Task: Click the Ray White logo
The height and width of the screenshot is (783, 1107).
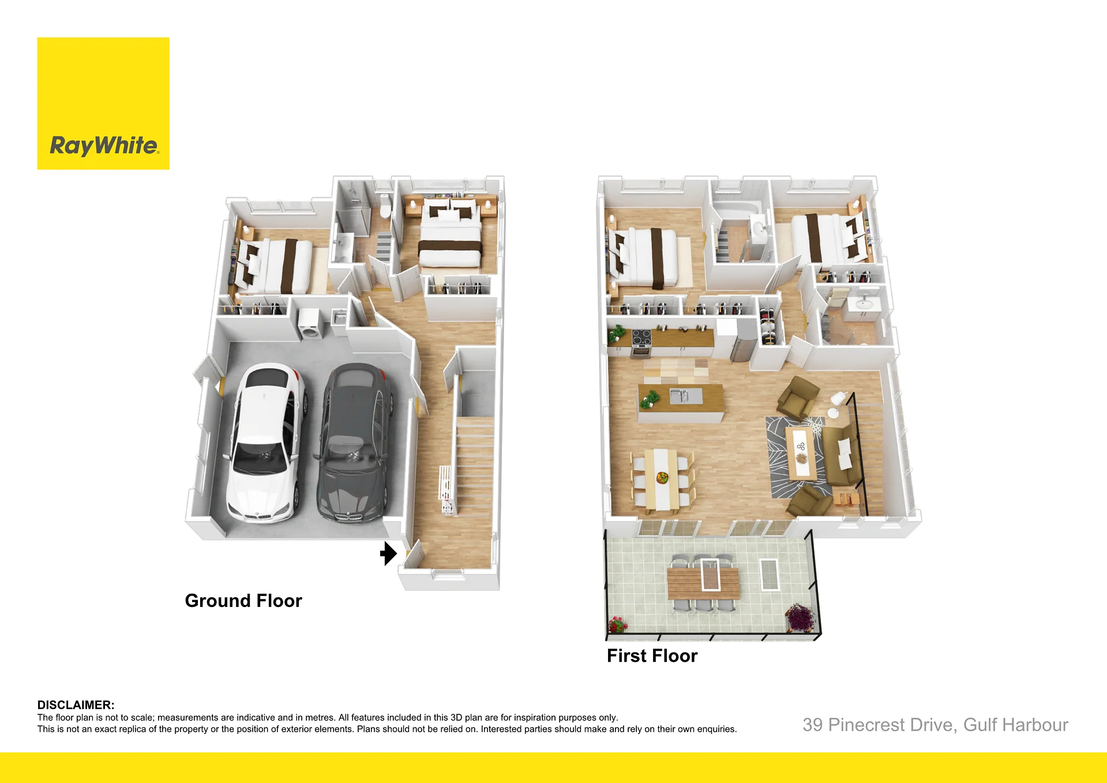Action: click(x=103, y=104)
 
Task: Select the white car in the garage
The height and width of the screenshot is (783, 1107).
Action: click(x=265, y=443)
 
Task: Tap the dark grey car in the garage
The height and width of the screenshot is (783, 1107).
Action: click(x=353, y=443)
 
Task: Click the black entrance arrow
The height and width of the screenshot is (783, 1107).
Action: click(x=389, y=553)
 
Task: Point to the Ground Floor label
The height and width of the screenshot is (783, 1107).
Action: click(x=243, y=601)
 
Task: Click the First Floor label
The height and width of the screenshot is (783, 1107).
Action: click(x=652, y=655)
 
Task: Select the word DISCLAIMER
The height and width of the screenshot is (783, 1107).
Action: click(x=76, y=705)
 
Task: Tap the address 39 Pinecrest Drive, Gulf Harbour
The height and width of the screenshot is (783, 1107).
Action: click(x=935, y=725)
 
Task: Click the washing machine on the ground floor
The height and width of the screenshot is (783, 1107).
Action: click(x=309, y=326)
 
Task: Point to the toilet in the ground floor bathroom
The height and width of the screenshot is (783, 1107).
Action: click(x=385, y=207)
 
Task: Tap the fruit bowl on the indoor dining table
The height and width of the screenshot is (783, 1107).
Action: click(x=662, y=477)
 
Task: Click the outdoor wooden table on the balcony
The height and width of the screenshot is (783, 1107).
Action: click(x=703, y=583)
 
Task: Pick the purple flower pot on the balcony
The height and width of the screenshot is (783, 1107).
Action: click(x=800, y=617)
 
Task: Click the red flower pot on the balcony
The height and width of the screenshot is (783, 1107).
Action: click(x=617, y=624)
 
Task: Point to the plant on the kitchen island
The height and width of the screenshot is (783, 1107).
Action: click(x=650, y=398)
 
